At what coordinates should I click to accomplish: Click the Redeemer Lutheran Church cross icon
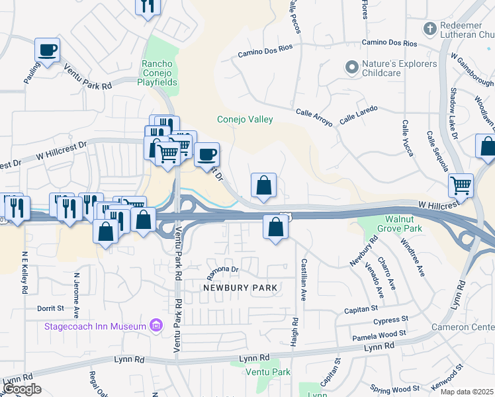430,29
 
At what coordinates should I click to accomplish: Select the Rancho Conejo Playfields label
157,73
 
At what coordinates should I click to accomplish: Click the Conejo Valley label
245,120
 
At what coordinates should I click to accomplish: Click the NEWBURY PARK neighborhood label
240,288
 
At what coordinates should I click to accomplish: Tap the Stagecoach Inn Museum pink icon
156,326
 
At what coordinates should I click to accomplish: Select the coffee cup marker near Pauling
48,50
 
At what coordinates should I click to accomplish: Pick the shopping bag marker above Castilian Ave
275,227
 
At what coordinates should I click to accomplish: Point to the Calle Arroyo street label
313,114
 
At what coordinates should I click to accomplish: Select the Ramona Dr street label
222,270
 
